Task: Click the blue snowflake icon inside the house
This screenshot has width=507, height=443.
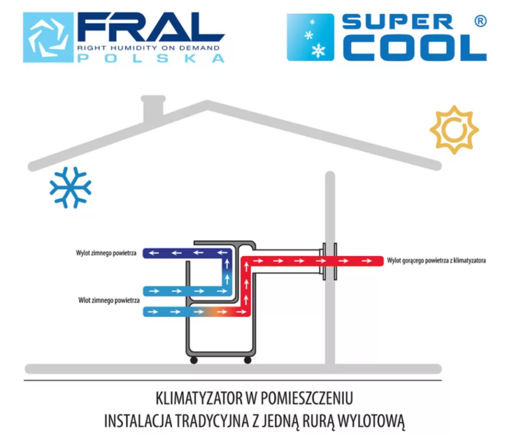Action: coord(70,186)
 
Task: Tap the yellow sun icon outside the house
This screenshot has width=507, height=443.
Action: coord(454,129)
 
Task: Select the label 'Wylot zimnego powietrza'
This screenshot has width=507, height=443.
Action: coord(109,253)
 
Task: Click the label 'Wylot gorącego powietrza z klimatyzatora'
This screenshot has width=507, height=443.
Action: coord(436,261)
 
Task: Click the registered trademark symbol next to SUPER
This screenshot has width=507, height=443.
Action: coord(481,21)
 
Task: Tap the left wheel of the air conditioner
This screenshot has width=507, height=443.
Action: coord(194,360)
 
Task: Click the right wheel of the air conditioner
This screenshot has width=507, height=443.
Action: coord(248,360)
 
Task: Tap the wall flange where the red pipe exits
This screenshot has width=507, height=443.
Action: coord(330,260)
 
